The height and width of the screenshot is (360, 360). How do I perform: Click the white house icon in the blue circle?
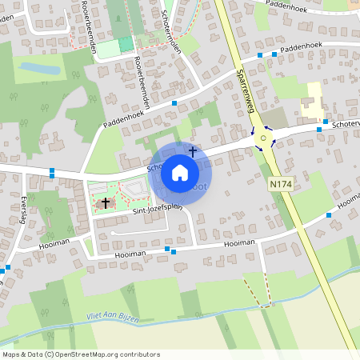180,173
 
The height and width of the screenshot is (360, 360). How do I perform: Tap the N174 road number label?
280,184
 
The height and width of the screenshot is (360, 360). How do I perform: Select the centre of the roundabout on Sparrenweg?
263,138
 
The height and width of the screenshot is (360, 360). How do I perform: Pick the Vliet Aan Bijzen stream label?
112,318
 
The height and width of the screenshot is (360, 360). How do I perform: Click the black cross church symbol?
105,203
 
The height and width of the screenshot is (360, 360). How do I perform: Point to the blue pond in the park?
40,69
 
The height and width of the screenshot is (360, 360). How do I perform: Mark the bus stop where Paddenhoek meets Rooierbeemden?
174,102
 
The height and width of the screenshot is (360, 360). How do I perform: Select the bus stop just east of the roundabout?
319,129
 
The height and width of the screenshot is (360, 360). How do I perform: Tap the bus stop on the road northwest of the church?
51,171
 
